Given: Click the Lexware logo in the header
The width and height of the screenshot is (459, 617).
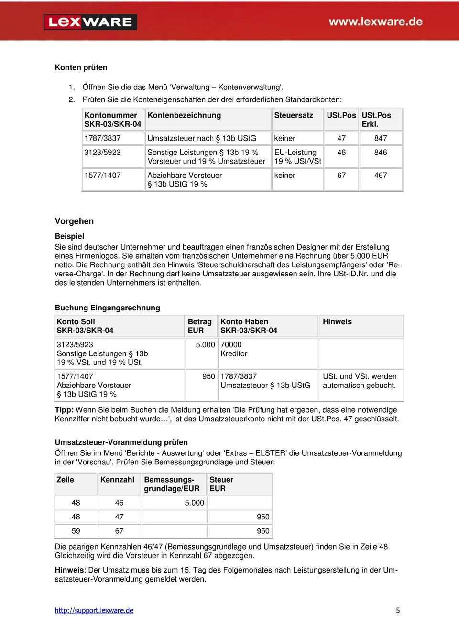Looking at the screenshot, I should click(x=90, y=22).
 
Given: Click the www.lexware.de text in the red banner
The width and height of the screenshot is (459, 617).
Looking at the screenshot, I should click(x=375, y=22).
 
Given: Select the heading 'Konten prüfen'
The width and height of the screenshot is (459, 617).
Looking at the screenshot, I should click(x=81, y=67).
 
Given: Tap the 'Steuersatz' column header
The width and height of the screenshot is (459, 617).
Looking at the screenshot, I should click(x=294, y=115).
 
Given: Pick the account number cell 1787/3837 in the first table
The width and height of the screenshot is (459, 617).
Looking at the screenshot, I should click(x=102, y=138).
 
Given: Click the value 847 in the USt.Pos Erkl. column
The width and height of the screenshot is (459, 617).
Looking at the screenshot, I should click(x=381, y=138).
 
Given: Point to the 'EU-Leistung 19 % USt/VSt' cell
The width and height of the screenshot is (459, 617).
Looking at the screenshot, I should click(x=297, y=157).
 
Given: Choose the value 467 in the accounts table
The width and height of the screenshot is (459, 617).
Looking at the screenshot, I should click(x=381, y=176).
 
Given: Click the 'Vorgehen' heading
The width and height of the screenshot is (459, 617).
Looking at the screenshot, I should click(x=74, y=221).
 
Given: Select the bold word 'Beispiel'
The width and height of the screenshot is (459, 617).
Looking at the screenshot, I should click(x=69, y=236).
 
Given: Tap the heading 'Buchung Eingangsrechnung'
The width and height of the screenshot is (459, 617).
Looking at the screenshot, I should click(x=107, y=308).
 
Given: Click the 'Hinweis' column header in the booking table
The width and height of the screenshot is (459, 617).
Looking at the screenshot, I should click(x=337, y=322).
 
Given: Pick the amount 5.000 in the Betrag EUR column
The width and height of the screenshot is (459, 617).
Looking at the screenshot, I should click(x=205, y=345).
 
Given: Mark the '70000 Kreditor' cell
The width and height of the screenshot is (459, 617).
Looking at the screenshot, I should click(x=234, y=349).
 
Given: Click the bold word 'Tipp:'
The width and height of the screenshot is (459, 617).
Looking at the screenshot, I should click(x=64, y=410).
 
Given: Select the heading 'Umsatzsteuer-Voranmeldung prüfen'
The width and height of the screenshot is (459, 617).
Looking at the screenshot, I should click(x=121, y=442).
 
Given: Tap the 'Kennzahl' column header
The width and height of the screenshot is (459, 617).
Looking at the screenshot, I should click(x=117, y=480).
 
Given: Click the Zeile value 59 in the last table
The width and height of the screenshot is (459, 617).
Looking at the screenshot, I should click(x=76, y=531).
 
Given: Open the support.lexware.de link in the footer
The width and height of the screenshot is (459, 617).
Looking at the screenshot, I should click(x=94, y=610).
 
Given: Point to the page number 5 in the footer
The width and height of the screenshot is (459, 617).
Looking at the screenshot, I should click(x=398, y=610).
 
